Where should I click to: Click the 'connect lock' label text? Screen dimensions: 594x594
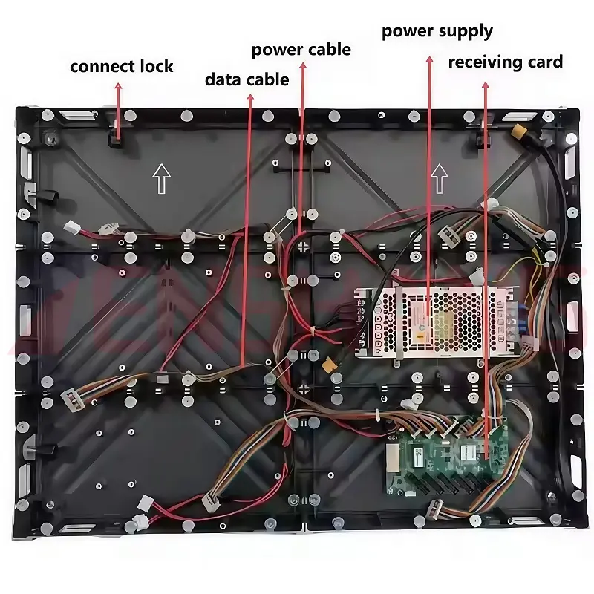(x=122, y=66)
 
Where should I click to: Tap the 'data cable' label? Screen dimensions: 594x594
(x=247, y=79)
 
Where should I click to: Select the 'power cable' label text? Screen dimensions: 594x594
(x=301, y=50)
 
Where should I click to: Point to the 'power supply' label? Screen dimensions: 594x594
(x=437, y=31)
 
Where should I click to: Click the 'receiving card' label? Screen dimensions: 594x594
(x=506, y=61)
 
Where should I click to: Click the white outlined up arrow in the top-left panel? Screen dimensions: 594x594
(x=161, y=178)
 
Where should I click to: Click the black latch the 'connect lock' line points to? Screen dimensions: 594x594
(x=117, y=135)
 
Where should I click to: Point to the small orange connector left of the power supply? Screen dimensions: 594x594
(x=327, y=366)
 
